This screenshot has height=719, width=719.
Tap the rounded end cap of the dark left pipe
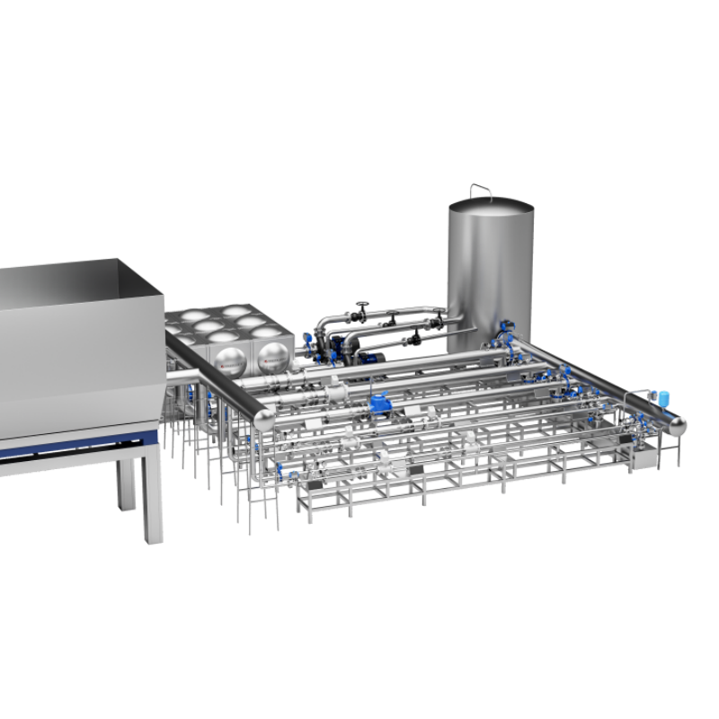[265, 420]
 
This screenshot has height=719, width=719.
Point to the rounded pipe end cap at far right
[676, 425]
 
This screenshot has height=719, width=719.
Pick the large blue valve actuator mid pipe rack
[381, 404]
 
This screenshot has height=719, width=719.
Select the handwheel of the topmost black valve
[362, 305]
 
